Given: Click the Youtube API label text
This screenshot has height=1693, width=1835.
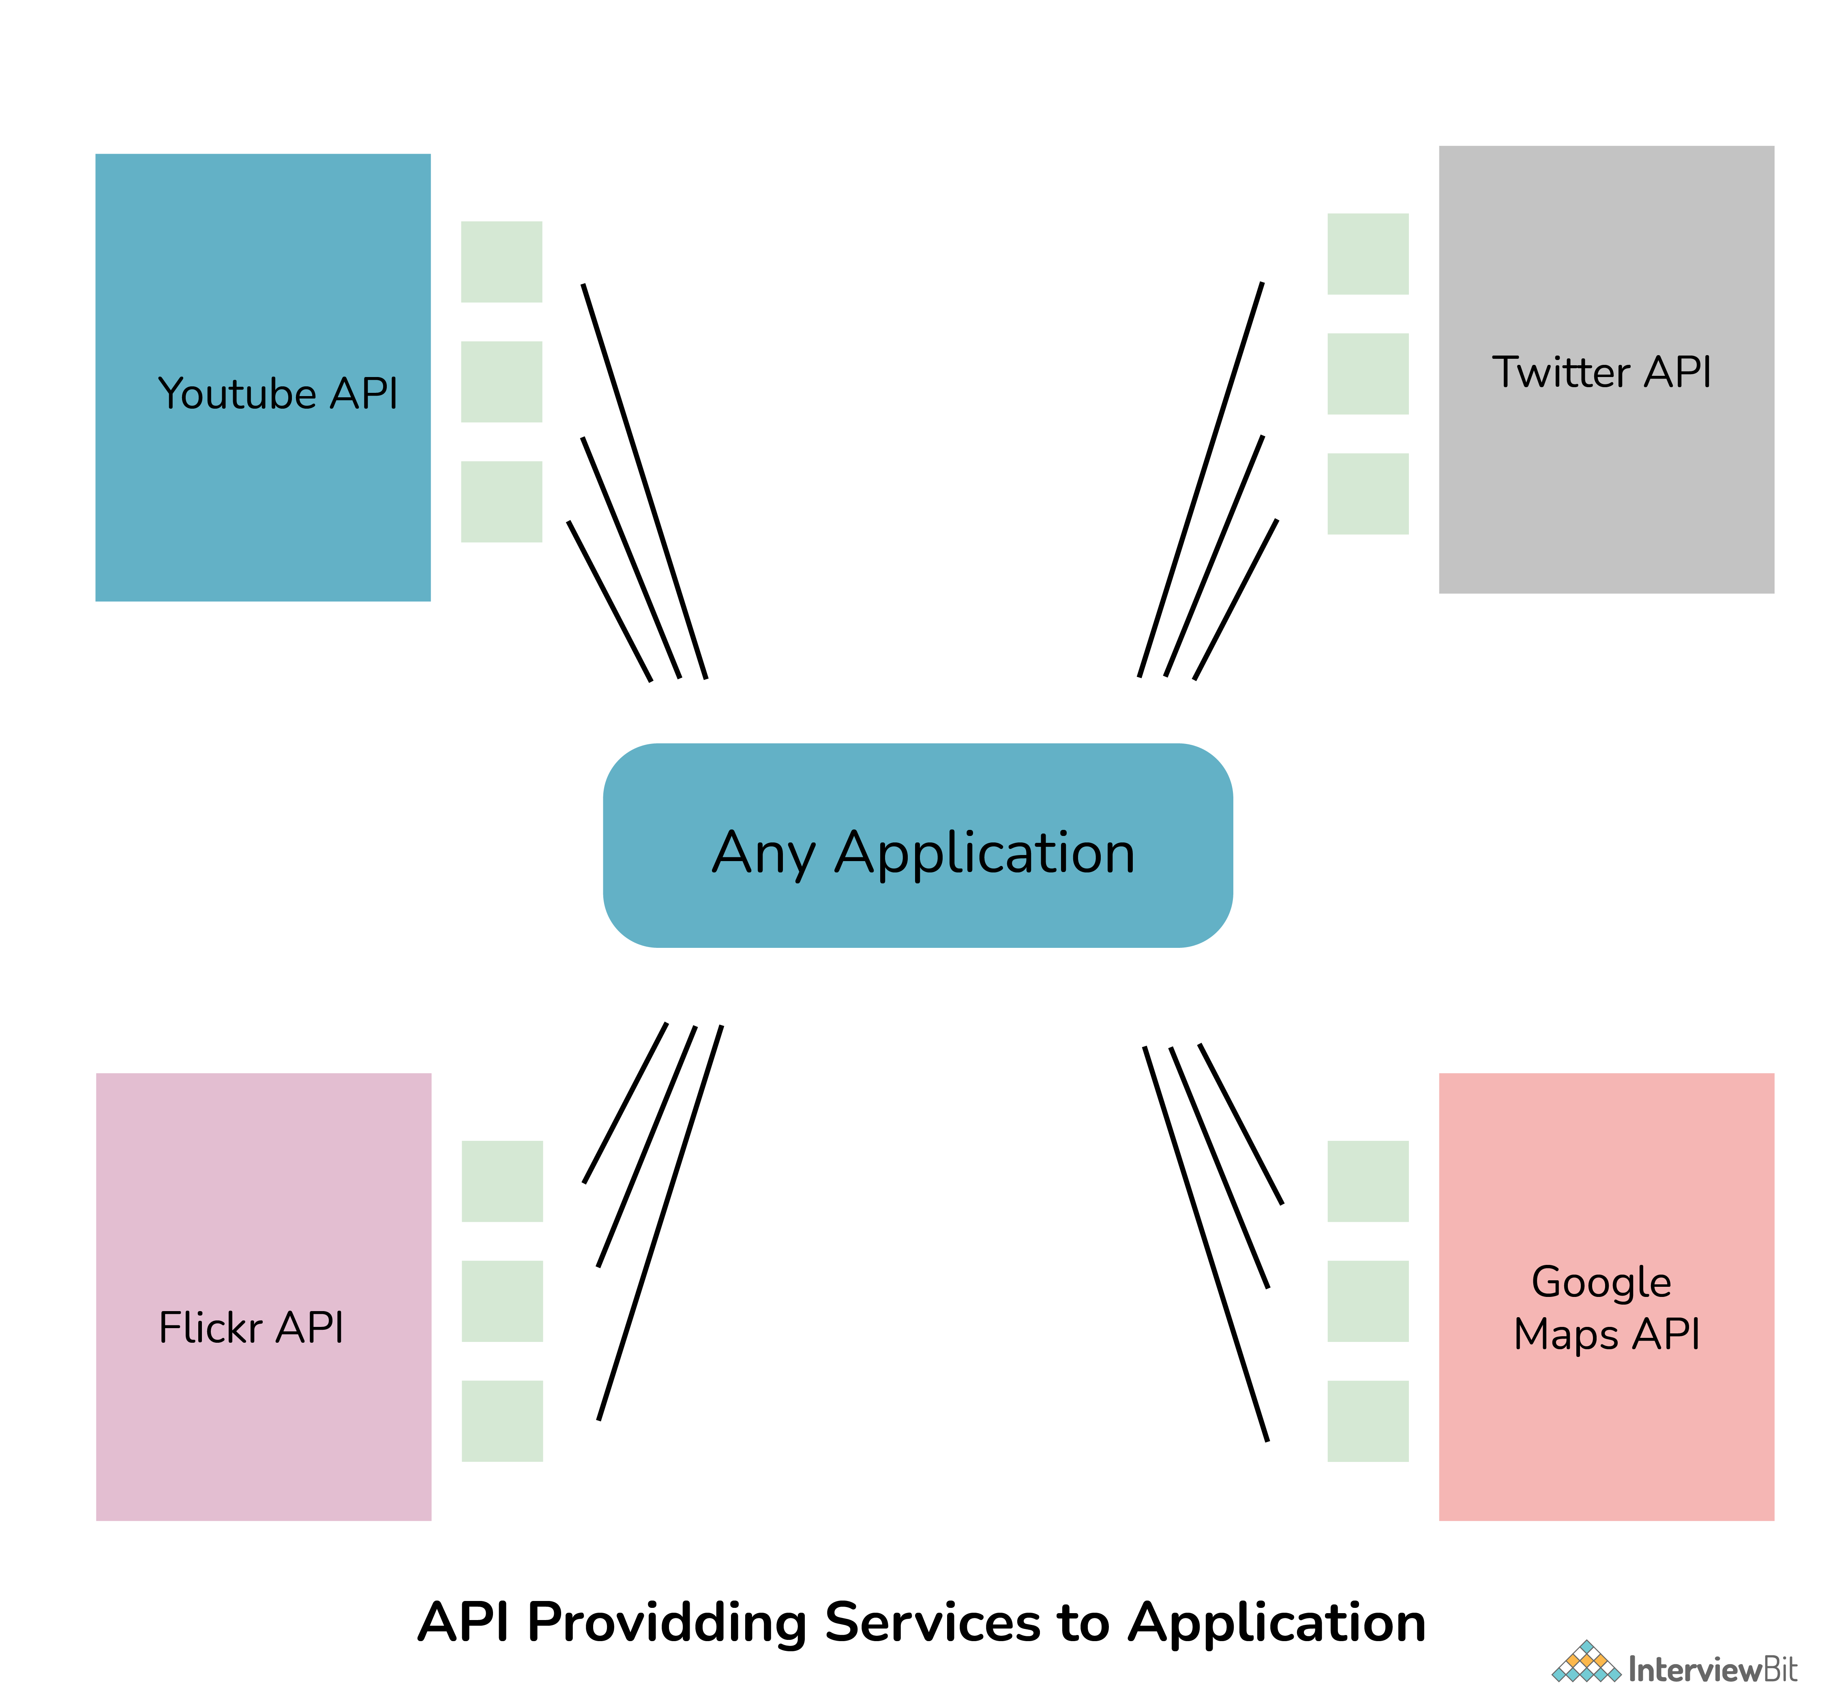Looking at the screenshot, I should [x=278, y=394].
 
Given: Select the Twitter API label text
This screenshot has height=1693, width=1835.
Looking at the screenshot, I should [x=1601, y=372].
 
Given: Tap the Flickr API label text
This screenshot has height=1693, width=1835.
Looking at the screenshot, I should [x=251, y=1327].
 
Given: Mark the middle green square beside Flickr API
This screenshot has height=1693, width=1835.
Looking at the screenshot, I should [x=502, y=1301].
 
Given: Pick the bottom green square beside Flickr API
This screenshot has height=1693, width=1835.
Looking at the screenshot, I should [x=502, y=1421].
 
